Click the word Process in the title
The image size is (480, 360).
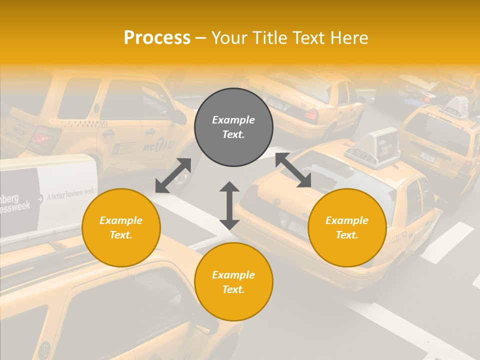157,38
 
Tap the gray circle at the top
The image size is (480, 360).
233,127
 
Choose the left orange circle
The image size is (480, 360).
121,227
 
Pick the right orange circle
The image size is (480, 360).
347,227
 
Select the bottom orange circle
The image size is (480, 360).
233,282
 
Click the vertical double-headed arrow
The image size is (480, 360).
229,205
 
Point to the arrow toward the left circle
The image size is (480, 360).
173,175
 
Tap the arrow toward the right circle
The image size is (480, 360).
293,170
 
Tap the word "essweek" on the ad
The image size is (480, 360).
15,206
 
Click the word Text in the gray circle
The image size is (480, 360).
233,134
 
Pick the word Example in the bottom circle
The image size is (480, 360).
233,275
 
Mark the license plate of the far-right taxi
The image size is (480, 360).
427,156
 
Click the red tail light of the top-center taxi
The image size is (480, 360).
311,115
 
